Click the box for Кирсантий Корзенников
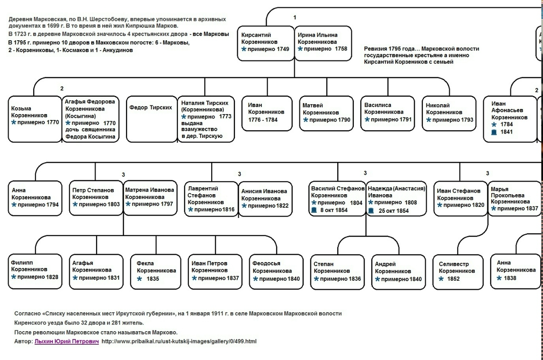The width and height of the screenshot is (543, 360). [266, 43]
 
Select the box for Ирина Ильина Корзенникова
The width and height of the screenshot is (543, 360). [323, 43]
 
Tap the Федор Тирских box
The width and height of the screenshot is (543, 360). [152, 119]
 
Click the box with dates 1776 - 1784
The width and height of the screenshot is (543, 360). [267, 113]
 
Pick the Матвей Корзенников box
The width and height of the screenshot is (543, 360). [326, 113]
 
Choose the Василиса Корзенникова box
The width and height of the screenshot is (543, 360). [388, 113]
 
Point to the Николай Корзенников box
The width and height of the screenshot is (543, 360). [449, 113]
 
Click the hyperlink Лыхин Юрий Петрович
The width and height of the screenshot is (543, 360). [67, 341]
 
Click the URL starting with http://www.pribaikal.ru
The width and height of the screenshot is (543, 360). [179, 341]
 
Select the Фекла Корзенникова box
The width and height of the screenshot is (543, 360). [156, 271]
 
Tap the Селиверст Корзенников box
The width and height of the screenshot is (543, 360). [458, 272]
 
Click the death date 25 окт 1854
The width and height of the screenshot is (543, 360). [394, 211]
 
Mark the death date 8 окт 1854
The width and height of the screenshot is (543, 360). [334, 210]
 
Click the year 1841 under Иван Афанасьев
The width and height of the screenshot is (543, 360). [507, 132]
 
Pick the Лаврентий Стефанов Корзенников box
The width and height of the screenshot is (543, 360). [211, 199]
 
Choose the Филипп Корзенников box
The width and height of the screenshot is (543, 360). [35, 271]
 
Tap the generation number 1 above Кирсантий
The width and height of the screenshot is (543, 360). [295, 17]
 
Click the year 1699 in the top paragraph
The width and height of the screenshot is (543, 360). [53, 26]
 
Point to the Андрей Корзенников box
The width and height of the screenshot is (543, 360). [398, 272]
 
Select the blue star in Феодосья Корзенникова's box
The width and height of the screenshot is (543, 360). [255, 279]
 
